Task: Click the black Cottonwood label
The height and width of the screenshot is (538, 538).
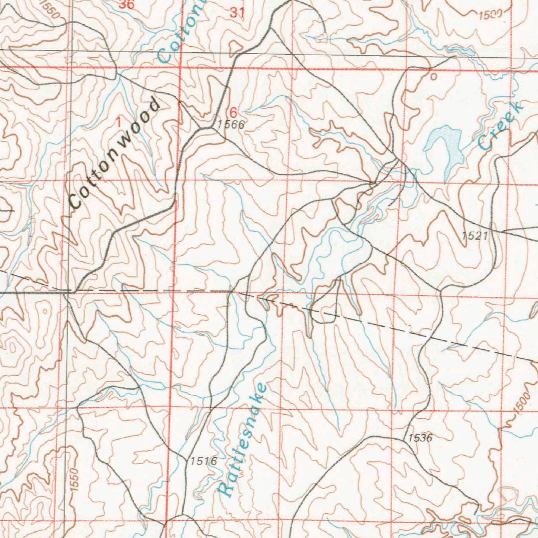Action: pyautogui.click(x=115, y=153)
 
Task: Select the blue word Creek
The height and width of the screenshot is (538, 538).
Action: pyautogui.click(x=500, y=126)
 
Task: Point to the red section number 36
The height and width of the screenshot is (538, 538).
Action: pyautogui.click(x=126, y=5)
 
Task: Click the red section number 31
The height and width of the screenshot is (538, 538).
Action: pyautogui.click(x=237, y=13)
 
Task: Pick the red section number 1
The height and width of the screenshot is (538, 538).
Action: pyautogui.click(x=118, y=121)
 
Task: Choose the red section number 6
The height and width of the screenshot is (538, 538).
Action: pyautogui.click(x=233, y=112)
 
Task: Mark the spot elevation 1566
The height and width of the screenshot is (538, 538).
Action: pyautogui.click(x=231, y=125)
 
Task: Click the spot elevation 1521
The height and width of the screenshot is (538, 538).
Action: pyautogui.click(x=475, y=236)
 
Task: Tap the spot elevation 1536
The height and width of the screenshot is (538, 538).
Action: pyautogui.click(x=419, y=438)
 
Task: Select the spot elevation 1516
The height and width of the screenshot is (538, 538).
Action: pyautogui.click(x=203, y=461)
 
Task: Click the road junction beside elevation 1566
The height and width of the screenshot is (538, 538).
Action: pyautogui.click(x=201, y=128)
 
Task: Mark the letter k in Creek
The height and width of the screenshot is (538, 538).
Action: pyautogui.click(x=517, y=108)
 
